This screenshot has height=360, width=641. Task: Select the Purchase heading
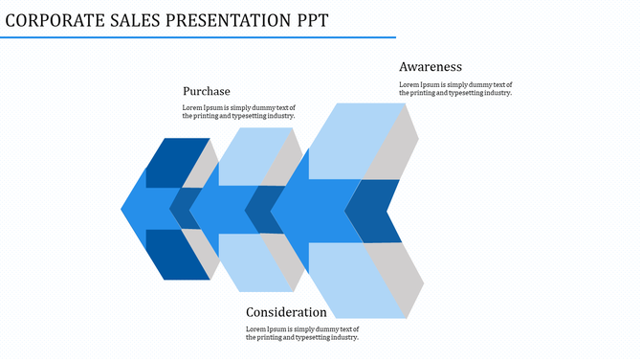point(206,91)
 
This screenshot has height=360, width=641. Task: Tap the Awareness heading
point(431,67)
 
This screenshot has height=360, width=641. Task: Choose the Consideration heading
point(286,312)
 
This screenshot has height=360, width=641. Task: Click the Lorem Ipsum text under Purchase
point(239,112)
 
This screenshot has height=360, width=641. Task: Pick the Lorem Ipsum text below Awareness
point(455,89)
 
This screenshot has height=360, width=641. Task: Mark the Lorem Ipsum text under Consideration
point(302,333)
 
